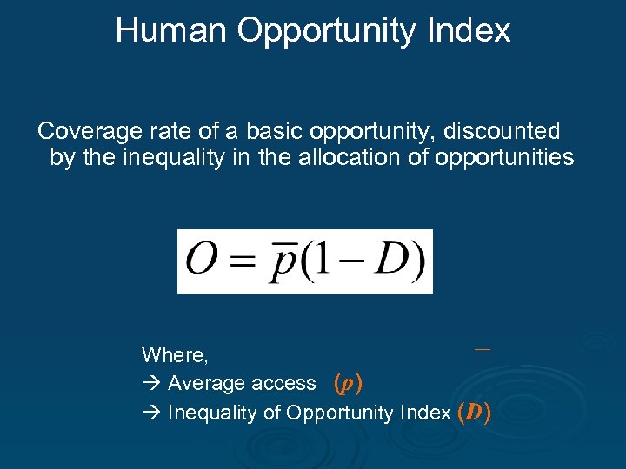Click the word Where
click(x=174, y=354)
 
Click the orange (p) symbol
click(x=348, y=383)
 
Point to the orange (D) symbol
click(x=473, y=412)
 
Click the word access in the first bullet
click(x=289, y=383)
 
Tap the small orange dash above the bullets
click(x=482, y=349)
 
